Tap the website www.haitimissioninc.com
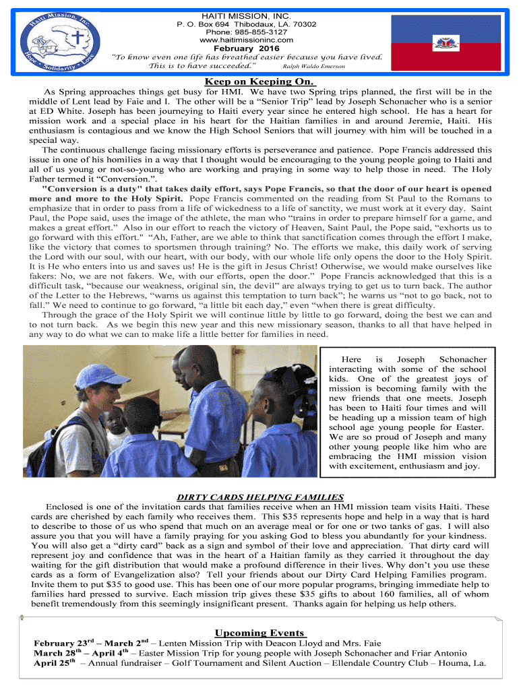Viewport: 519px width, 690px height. (246, 40)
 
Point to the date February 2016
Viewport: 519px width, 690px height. (246, 48)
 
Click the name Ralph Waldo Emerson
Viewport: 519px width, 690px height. (314, 66)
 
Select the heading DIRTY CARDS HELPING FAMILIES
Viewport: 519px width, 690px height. (260, 497)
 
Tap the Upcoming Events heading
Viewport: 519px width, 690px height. (260, 633)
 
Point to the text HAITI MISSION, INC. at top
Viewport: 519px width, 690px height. (246, 15)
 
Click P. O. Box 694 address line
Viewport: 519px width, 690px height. (246, 24)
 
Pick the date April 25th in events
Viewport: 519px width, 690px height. (57, 662)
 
